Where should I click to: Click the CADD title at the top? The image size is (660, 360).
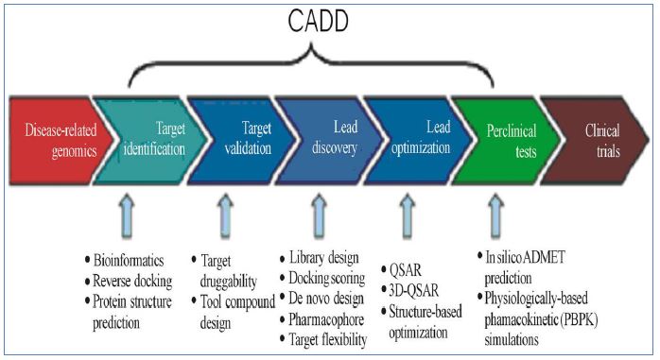click(319, 20)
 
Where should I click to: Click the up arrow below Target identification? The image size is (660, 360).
click(127, 216)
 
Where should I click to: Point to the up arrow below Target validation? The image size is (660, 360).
click(226, 216)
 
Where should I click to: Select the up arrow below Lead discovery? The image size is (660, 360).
click(319, 216)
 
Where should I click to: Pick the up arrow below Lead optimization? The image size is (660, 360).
click(407, 216)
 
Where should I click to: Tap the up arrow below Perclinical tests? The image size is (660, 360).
click(496, 216)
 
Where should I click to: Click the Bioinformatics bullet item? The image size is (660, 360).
click(124, 261)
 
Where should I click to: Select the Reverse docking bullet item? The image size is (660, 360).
click(129, 281)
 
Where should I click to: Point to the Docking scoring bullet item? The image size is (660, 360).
click(322, 278)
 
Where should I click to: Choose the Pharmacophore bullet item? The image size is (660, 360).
click(322, 319)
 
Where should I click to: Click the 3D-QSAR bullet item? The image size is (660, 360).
click(410, 290)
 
